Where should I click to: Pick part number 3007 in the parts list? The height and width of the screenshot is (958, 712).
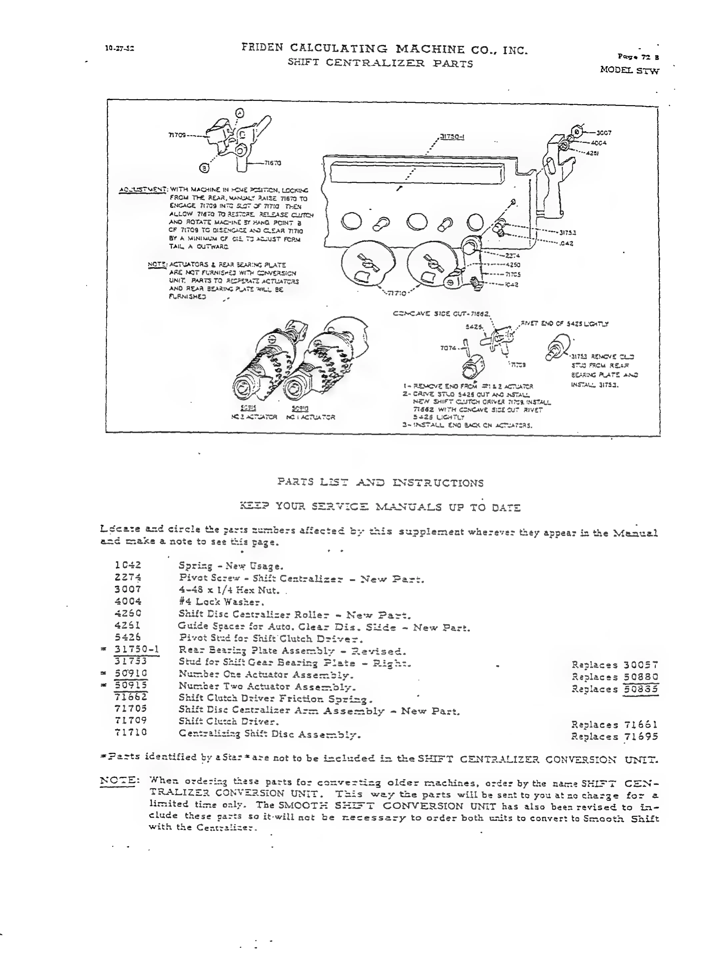[x=128, y=589]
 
